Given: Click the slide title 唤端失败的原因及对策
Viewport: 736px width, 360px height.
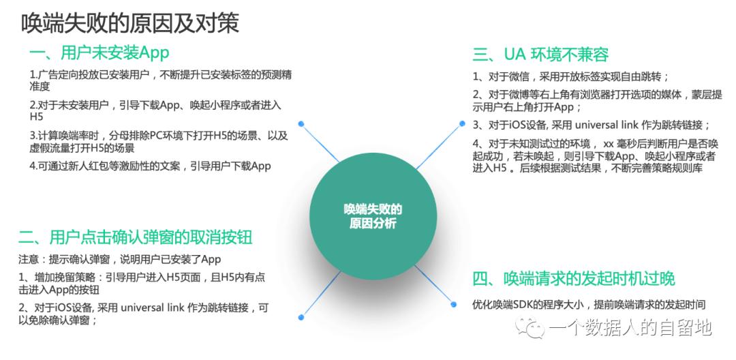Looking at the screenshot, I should (x=130, y=23).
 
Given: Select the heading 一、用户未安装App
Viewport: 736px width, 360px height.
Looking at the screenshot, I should (x=99, y=53).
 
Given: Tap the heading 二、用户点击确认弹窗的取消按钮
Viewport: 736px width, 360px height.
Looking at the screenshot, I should (x=136, y=237).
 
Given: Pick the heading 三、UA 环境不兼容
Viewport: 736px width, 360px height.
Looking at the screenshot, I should (x=540, y=55).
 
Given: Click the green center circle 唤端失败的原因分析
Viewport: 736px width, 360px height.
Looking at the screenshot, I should (x=373, y=216).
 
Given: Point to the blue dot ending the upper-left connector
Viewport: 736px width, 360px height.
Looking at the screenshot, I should (x=301, y=124).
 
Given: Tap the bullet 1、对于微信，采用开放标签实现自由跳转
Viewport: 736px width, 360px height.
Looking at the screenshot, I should (x=571, y=76).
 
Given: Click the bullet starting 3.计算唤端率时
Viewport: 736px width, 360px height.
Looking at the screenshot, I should (x=157, y=141).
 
